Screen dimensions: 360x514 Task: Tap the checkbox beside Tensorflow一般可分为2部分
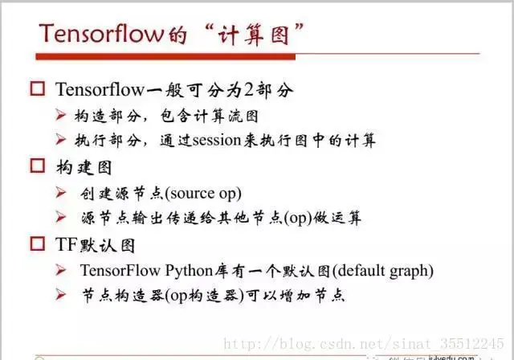coord(36,88)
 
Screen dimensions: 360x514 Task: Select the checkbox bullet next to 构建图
coord(36,166)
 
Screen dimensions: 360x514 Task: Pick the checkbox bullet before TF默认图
coord(36,244)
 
